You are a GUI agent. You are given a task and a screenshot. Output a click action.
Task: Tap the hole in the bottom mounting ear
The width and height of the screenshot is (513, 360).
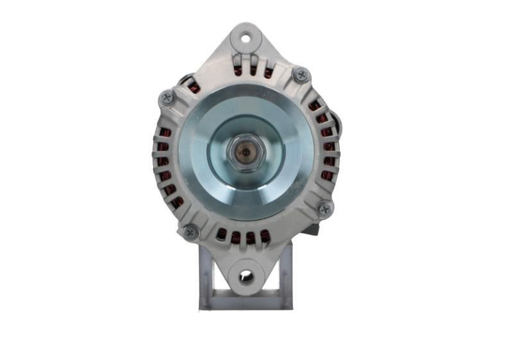[246, 277]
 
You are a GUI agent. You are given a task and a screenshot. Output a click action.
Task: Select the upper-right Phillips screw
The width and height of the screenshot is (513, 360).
[300, 74]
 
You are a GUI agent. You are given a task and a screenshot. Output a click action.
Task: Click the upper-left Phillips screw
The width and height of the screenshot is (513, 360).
[167, 98]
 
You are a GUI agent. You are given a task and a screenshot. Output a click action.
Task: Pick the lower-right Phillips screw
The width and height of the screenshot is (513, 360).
[325, 209]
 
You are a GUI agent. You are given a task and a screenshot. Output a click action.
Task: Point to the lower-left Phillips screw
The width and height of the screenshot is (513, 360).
[190, 232]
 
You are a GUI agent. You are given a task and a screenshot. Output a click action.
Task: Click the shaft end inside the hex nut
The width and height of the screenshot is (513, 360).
[246, 153]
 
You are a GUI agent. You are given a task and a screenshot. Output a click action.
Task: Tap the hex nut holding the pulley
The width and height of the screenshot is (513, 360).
[246, 153]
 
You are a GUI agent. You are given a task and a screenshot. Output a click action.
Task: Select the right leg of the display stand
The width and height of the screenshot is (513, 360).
[286, 270]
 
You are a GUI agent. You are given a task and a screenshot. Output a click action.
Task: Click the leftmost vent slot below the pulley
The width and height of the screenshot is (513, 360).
[222, 235]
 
